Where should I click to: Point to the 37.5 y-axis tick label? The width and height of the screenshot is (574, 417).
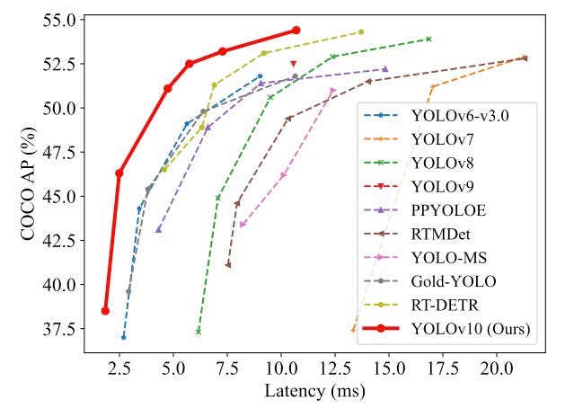pos(60,329)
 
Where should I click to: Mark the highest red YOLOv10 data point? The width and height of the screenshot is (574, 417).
pos(296,30)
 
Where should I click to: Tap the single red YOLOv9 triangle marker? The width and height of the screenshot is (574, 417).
pos(294,64)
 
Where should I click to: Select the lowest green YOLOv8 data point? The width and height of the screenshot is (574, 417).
pos(199,332)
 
